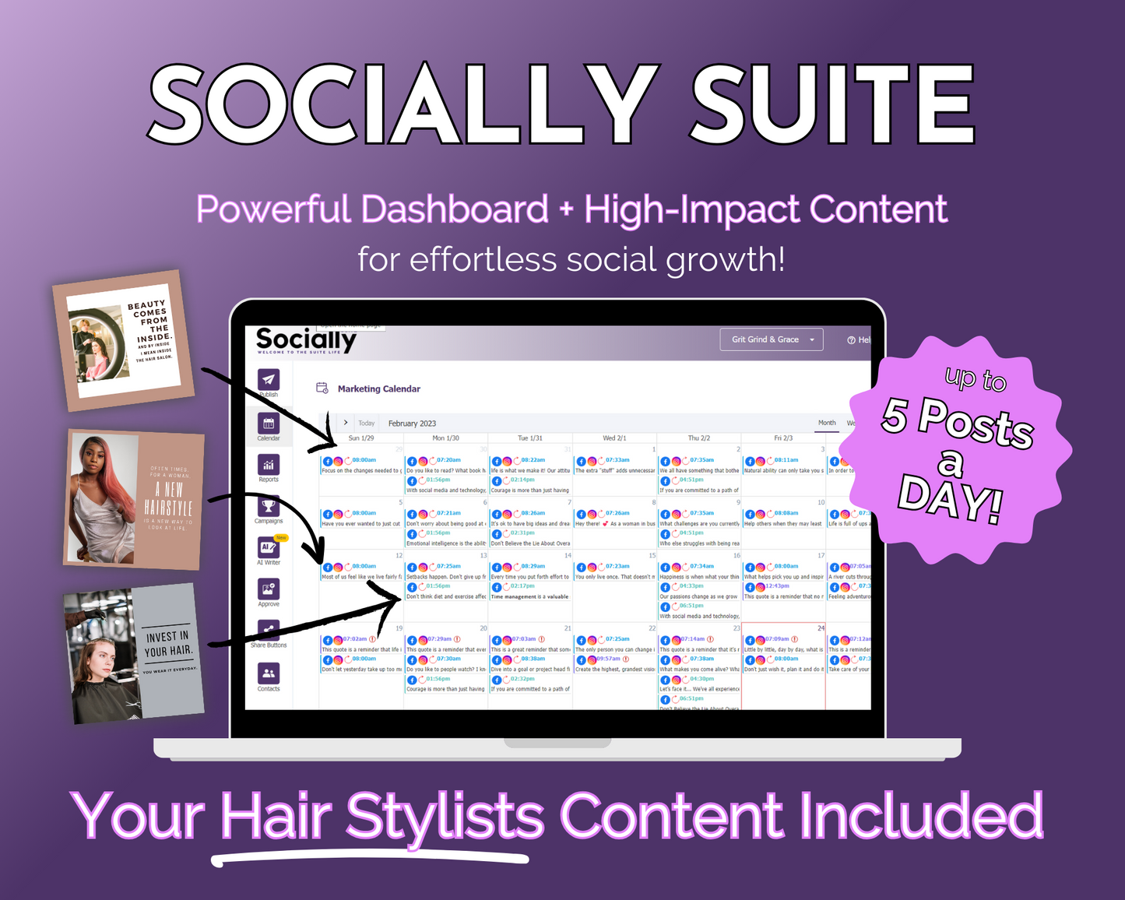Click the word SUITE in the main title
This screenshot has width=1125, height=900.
832,104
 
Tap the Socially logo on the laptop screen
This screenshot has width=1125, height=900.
306,340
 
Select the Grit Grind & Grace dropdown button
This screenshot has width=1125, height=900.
772,339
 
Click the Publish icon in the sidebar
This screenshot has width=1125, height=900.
269,380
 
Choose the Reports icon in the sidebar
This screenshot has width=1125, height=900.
269,466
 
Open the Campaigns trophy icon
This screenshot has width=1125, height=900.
269,507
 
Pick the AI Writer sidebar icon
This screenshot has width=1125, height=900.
269,548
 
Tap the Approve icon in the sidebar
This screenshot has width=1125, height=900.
269,589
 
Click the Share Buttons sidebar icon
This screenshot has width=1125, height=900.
269,631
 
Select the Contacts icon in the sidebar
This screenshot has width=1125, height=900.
269,673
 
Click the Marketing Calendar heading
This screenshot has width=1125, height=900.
378,388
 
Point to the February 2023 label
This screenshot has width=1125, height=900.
412,424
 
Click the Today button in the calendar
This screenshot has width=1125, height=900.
366,424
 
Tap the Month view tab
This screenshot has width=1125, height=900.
827,423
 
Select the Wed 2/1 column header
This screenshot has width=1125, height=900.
614,438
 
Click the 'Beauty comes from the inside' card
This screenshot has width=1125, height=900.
123,340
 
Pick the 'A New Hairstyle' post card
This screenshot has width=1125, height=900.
134,498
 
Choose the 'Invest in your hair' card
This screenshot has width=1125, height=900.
134,654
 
